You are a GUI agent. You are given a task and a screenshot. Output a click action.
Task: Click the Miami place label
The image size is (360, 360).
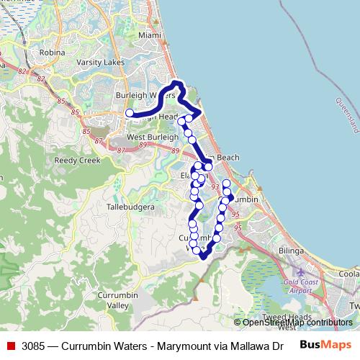point(150,35)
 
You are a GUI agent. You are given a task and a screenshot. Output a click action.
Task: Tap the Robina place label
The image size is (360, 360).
point(53,53)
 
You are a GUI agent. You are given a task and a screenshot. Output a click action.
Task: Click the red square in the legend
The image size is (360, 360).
point(10,345)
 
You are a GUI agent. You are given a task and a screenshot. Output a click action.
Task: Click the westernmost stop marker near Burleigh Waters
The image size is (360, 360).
point(130,113)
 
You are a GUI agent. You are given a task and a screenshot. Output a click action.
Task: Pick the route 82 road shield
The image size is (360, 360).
point(22,71)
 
